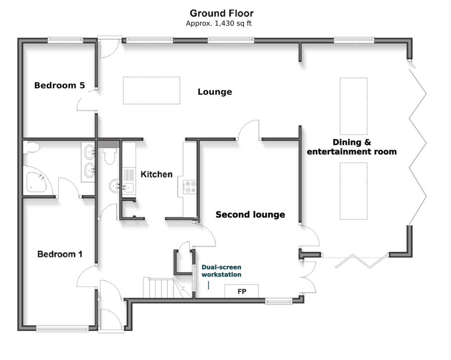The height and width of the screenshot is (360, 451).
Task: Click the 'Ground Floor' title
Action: point(221,13)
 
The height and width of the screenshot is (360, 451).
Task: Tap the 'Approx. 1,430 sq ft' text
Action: point(219,23)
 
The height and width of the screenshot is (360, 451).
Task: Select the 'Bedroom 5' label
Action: point(60,85)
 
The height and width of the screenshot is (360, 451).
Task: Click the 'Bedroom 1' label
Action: point(60,254)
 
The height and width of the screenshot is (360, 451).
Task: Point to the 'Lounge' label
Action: point(215,92)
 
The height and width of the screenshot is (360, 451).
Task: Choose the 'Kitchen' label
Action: point(156,174)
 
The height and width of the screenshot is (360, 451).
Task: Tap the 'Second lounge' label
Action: point(250,214)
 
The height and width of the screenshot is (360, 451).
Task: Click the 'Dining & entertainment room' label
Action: point(352,147)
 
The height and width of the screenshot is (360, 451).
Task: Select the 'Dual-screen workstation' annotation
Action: point(221,271)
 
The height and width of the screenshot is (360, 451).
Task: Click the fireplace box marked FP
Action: point(242,291)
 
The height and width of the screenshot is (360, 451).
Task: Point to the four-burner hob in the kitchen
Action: point(190,186)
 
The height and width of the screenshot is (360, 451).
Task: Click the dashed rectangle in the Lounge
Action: point(152,90)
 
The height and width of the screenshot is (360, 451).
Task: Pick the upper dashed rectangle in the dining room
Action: point(354,106)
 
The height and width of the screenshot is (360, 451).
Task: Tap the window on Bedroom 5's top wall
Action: point(65,40)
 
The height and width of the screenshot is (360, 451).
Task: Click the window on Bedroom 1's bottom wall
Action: point(62,328)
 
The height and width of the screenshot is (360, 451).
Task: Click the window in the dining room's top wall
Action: point(354,40)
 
